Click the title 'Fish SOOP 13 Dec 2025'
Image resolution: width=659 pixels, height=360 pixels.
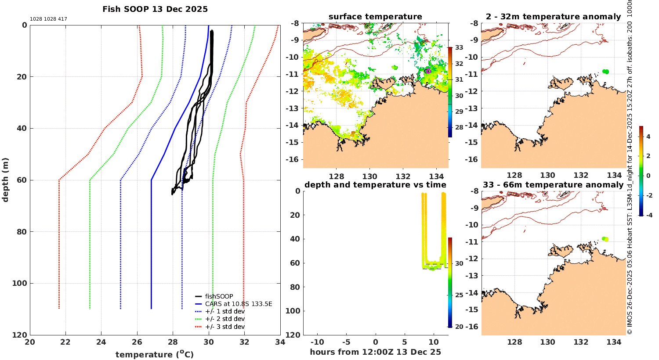(x=155, y=9)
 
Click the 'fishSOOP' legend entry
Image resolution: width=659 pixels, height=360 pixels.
(x=219, y=296)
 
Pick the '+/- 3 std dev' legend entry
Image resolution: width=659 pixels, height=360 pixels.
(x=224, y=327)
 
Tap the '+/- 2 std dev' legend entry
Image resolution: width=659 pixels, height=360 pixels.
(x=224, y=319)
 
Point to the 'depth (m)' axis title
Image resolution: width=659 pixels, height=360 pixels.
(x=6, y=180)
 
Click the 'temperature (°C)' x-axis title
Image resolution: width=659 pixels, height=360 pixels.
(x=155, y=354)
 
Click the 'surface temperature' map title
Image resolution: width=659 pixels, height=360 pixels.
(x=375, y=17)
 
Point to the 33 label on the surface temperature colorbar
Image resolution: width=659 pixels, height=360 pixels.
(x=459, y=47)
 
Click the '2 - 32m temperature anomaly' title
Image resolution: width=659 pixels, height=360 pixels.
(x=553, y=17)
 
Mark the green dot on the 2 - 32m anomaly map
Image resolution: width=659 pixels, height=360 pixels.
(x=606, y=72)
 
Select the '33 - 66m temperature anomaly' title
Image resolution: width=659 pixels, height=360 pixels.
(x=553, y=185)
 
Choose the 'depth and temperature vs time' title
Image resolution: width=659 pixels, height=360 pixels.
(x=375, y=185)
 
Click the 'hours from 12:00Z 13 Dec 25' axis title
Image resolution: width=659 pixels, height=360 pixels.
(x=375, y=352)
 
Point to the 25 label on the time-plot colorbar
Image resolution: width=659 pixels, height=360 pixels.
(x=459, y=295)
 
